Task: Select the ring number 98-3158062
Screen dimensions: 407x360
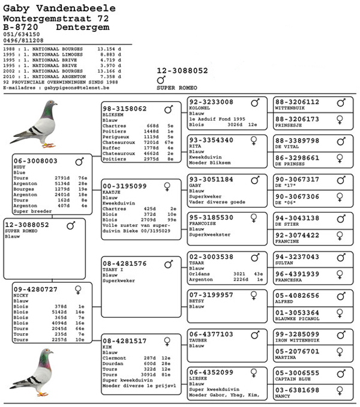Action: click(x=125, y=109)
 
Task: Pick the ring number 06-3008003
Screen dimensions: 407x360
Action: click(x=35, y=161)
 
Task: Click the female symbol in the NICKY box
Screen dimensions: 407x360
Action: click(x=77, y=289)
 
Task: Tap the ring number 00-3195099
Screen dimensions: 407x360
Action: click(x=125, y=186)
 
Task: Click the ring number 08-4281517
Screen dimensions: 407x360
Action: click(x=125, y=341)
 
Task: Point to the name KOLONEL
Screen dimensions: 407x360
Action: click(x=199, y=109)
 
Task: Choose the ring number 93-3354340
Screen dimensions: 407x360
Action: click(x=211, y=140)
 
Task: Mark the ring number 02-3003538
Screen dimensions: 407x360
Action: click(x=211, y=257)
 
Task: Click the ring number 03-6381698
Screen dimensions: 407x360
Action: click(x=298, y=390)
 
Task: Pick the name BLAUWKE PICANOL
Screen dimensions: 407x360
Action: click(x=297, y=319)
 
